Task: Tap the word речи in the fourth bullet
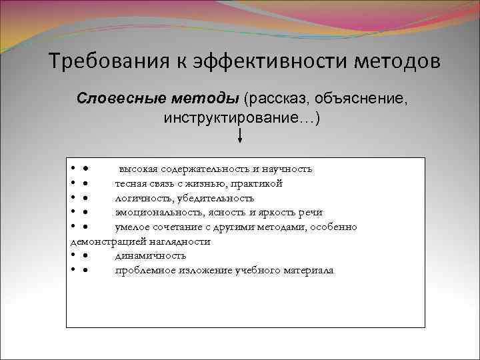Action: [x=311, y=213]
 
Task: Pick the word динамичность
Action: [x=150, y=255]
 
